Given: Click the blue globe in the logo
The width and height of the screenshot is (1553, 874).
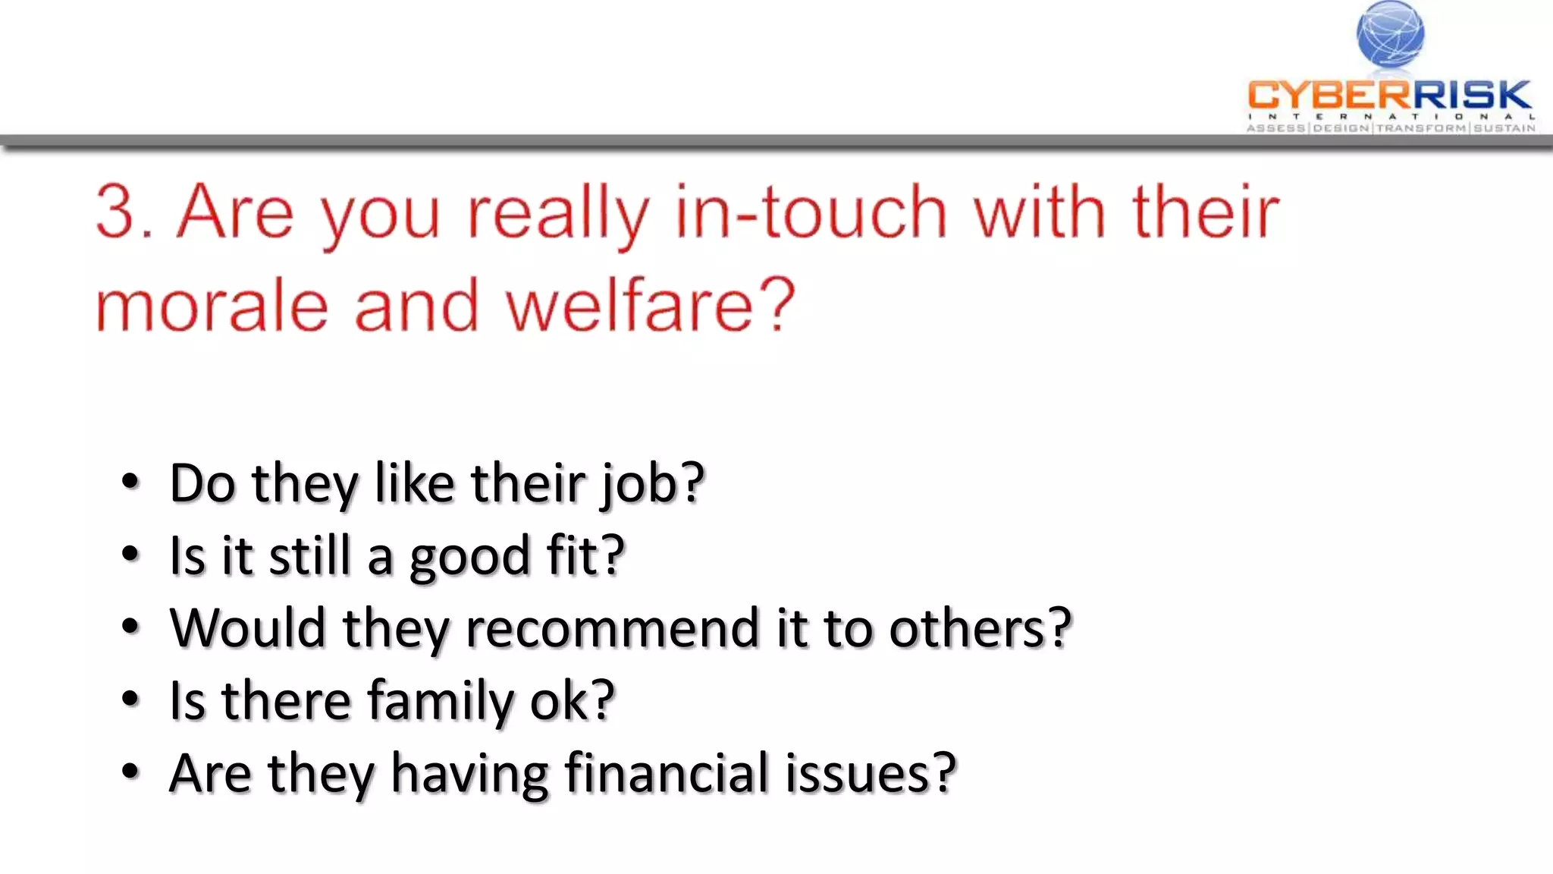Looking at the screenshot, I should coord(1390,34).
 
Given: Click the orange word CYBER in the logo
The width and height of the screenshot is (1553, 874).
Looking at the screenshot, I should coord(1329,96).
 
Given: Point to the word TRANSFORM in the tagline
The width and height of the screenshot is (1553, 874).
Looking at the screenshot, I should coord(1421,128).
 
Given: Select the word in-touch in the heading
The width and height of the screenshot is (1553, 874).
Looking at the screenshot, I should coord(810,212).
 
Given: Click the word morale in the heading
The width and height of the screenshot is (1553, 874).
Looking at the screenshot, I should coord(212,306).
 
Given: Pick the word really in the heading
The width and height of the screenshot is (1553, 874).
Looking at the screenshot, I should coord(557,215).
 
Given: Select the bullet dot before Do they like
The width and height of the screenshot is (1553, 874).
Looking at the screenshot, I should coord(130,482).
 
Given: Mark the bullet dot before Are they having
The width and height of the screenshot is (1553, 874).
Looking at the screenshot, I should coord(130,772).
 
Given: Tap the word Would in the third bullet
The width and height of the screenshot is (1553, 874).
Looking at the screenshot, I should coord(246,628).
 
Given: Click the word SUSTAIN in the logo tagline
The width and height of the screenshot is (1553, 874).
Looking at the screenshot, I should coord(1504,128).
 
